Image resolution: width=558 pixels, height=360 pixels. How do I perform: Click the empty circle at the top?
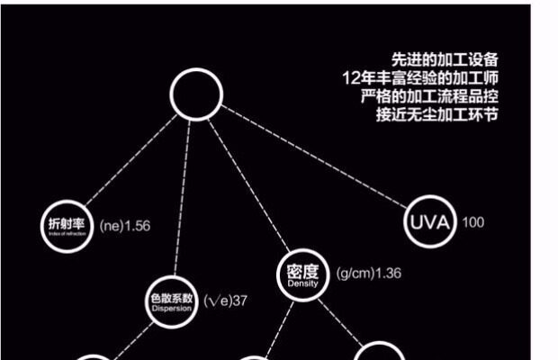tap(196, 94)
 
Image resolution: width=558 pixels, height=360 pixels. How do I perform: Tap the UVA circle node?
tap(430, 221)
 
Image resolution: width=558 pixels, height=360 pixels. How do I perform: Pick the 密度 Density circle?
tap(302, 274)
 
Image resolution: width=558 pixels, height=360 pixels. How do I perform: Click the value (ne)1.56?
tap(125, 225)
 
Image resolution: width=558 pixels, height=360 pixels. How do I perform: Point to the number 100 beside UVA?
tap(473, 221)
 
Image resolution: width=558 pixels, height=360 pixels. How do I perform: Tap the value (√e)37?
tap(225, 301)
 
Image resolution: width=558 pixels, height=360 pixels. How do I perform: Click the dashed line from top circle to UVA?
tap(315, 158)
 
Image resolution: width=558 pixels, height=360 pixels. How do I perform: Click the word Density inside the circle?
tap(302, 283)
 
